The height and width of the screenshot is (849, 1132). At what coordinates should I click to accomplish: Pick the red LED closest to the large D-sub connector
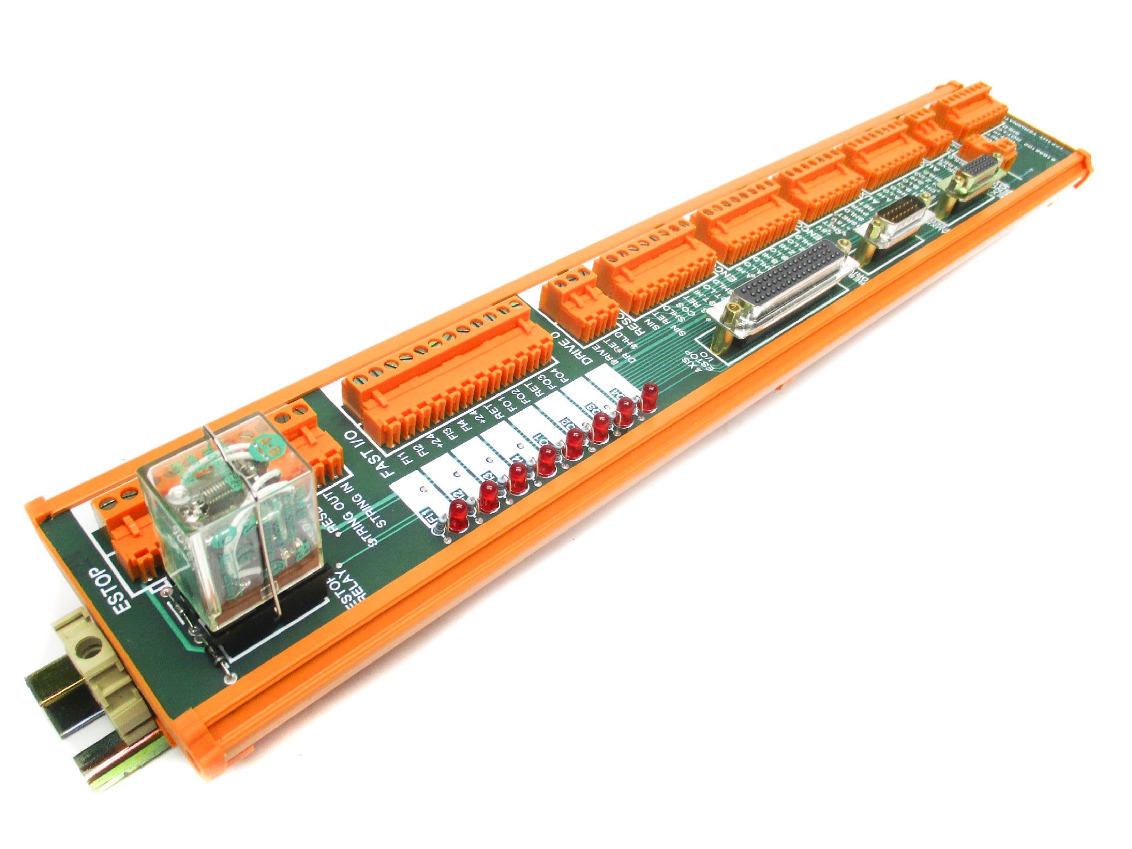click(x=649, y=397)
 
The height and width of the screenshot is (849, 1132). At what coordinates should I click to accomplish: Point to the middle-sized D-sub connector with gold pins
click(x=897, y=220)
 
